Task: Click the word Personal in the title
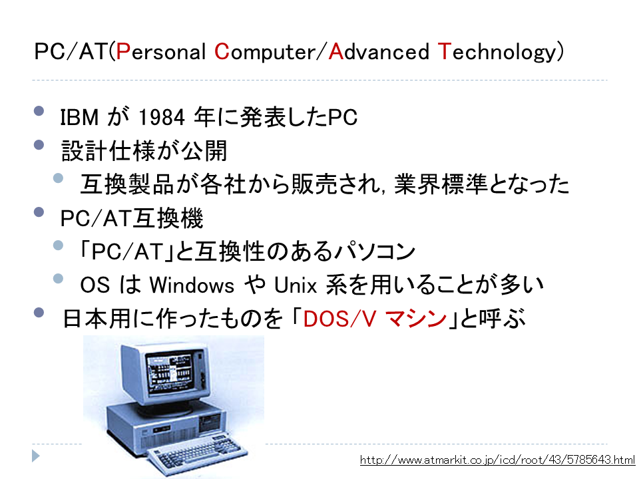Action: [160, 52]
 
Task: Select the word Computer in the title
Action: [265, 53]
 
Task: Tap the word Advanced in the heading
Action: [379, 52]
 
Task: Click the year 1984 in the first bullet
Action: [162, 117]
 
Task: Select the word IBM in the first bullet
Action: [79, 117]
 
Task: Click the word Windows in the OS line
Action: [192, 284]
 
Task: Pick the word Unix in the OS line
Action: [296, 285]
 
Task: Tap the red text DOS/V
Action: [339, 319]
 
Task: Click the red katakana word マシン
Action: [416, 319]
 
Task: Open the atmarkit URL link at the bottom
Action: [498, 460]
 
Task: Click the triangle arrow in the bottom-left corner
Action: [36, 456]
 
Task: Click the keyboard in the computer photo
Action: [196, 453]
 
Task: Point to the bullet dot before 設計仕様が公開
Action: [39, 144]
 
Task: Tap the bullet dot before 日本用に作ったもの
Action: [39, 312]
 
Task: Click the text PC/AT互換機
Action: [132, 218]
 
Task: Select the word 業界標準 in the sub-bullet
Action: [441, 184]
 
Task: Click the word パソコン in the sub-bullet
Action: [374, 251]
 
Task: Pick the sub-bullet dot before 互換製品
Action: [59, 178]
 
